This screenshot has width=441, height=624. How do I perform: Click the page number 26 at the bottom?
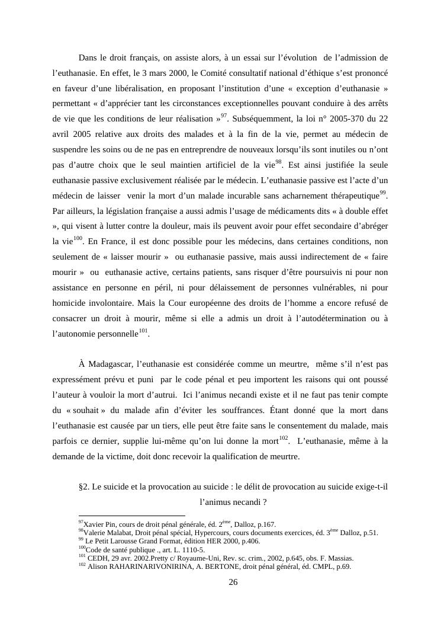tap(233, 583)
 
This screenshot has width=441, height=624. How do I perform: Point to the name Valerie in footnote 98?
tap(95, 533)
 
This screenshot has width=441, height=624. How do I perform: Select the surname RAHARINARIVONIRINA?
tap(157, 566)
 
